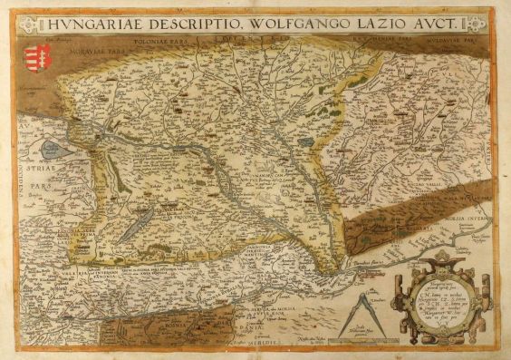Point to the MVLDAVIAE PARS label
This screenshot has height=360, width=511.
coord(450,41)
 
